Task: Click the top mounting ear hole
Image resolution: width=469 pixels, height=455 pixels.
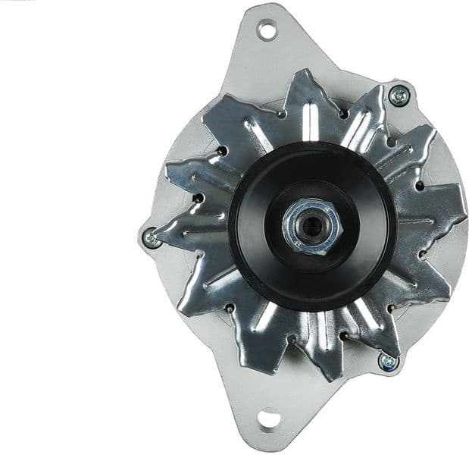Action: pyautogui.click(x=266, y=30)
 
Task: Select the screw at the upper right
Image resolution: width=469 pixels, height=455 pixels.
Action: pyautogui.click(x=399, y=95)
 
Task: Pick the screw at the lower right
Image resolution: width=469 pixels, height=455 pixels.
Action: pyautogui.click(x=388, y=362)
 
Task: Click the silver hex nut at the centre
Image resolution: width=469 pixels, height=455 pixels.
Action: pyautogui.click(x=312, y=226)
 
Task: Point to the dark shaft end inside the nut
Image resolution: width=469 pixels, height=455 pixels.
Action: pyautogui.click(x=312, y=226)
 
